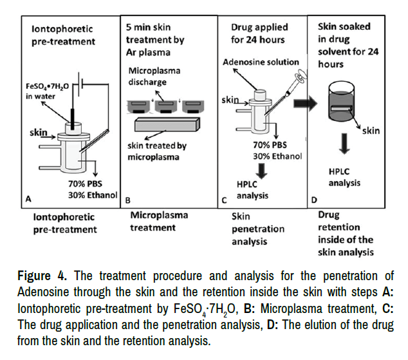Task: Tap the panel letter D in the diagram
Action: (313, 200)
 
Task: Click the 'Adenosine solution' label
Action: (261, 62)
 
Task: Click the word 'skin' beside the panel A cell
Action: (40, 133)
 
